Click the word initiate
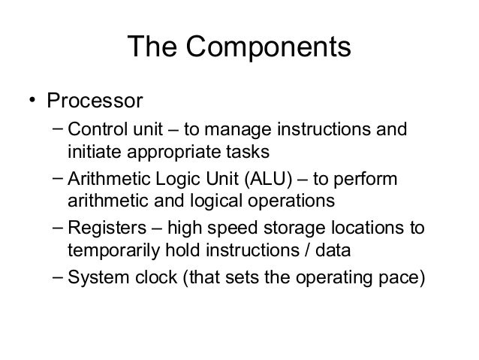coord(92,153)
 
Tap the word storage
coord(291,228)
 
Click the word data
coord(336,250)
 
